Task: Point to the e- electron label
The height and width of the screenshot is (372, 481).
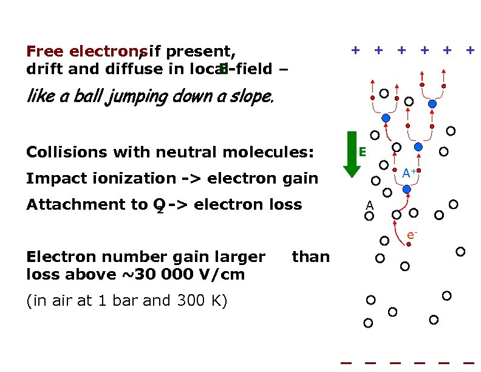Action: (411, 234)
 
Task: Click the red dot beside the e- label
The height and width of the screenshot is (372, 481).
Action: (409, 244)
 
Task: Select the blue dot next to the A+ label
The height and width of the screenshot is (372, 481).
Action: (407, 190)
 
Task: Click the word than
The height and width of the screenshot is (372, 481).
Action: (310, 257)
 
